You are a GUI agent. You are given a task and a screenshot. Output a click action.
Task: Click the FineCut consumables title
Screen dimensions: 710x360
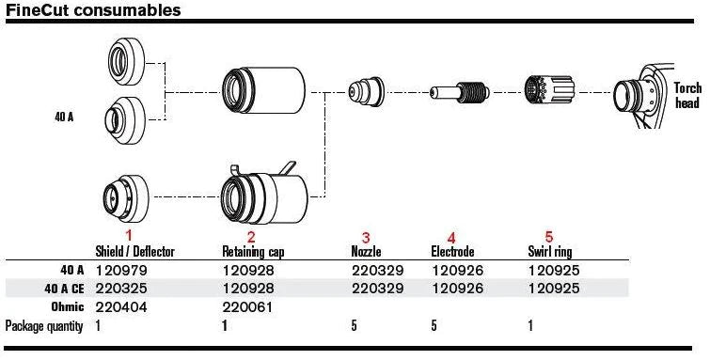(x=93, y=10)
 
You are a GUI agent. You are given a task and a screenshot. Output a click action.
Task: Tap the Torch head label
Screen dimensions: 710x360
(x=687, y=95)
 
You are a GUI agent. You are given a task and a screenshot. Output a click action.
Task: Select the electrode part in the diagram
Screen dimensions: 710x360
(x=460, y=92)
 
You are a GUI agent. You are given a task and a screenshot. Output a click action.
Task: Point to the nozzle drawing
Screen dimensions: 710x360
(x=366, y=91)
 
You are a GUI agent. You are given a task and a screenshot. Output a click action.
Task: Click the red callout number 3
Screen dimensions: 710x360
(x=366, y=237)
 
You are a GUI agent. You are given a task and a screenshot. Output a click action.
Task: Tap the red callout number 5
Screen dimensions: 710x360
(x=549, y=236)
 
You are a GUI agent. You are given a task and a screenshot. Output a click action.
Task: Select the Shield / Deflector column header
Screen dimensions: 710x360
(x=134, y=251)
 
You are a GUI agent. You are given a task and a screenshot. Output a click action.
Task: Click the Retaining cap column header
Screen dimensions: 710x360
(x=253, y=252)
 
